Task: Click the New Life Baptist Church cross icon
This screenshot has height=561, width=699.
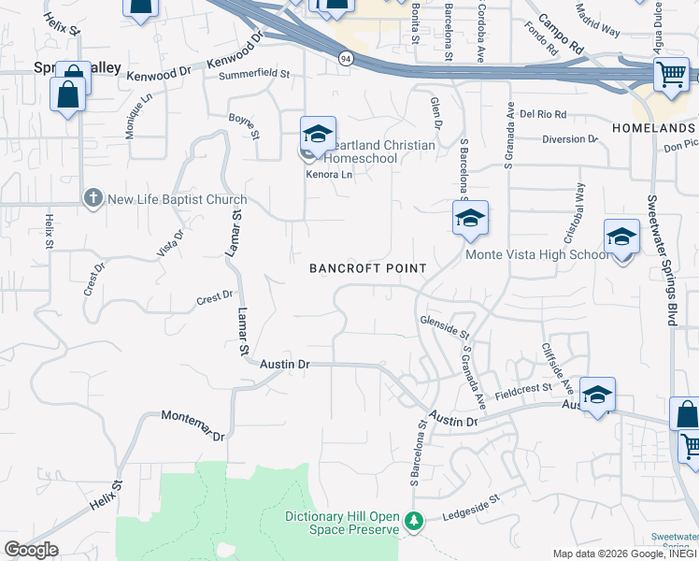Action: pos(93,198)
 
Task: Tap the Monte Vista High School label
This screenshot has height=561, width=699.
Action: pos(537,254)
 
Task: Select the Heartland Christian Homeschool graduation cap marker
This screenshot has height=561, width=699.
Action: pos(318,136)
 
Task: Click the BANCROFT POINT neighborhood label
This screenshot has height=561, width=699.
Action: pos(368,268)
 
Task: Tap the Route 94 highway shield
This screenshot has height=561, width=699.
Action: pos(346,59)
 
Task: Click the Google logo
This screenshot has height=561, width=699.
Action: pos(31,550)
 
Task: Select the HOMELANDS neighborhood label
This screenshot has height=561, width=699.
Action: pos(653,127)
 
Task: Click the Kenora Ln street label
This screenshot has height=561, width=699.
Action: pos(329,175)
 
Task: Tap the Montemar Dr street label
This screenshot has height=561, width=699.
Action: pos(193,424)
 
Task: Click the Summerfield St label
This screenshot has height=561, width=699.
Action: pos(254,74)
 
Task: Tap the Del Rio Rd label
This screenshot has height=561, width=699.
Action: pos(543,114)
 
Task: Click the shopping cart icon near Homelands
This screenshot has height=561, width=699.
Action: pos(671,74)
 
